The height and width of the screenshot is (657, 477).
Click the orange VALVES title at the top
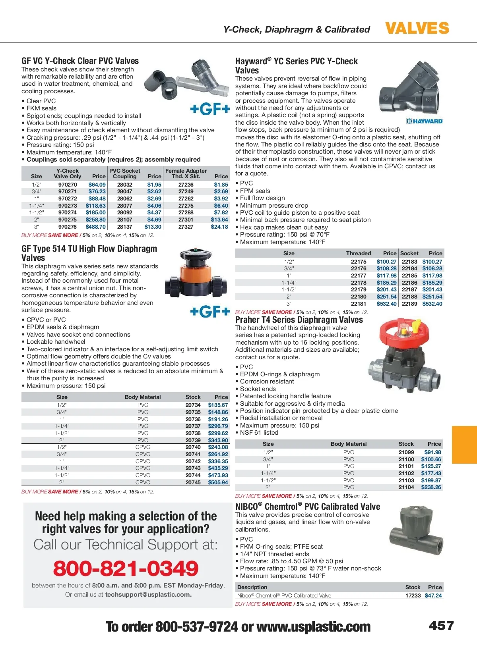coord(417,29)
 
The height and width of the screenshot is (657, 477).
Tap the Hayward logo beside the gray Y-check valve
coord(425,121)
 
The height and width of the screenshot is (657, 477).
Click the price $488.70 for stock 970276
coord(96,227)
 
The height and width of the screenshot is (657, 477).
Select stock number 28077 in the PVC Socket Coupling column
coord(124,206)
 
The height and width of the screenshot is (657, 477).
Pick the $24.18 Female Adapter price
coord(219,227)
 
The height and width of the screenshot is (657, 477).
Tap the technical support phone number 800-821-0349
coord(126,568)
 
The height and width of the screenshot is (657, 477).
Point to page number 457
coord(441,626)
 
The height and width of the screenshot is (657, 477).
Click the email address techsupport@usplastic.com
coord(148,594)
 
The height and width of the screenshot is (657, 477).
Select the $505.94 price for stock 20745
coord(218,482)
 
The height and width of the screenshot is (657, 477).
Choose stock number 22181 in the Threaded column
coord(359,304)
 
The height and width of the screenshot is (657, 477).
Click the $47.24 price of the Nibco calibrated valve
coord(433,595)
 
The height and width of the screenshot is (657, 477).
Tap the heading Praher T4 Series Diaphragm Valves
coord(299,320)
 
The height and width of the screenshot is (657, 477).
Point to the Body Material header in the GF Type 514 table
coord(143,397)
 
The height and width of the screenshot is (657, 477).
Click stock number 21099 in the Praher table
coord(406,452)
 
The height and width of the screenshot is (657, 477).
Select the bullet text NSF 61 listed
coord(259,433)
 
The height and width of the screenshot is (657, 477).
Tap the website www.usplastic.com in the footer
coord(314,627)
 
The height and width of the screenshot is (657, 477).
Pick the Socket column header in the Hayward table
coord(409,253)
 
